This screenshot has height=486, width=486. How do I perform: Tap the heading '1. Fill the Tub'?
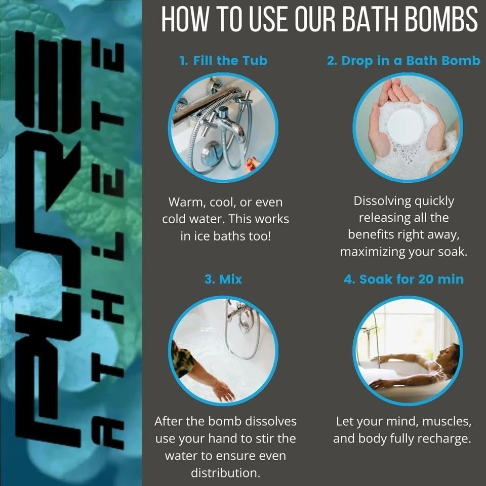click(x=223, y=60)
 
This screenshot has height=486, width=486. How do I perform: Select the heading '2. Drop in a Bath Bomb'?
click(x=403, y=61)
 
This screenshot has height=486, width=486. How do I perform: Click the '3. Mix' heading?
click(x=223, y=279)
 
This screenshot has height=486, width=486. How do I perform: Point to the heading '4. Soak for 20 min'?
click(x=404, y=279)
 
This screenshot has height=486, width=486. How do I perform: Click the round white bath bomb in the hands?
click(x=406, y=126)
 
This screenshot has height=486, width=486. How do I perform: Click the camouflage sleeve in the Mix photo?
click(x=182, y=359)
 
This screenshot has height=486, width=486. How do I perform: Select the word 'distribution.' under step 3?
click(x=225, y=473)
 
